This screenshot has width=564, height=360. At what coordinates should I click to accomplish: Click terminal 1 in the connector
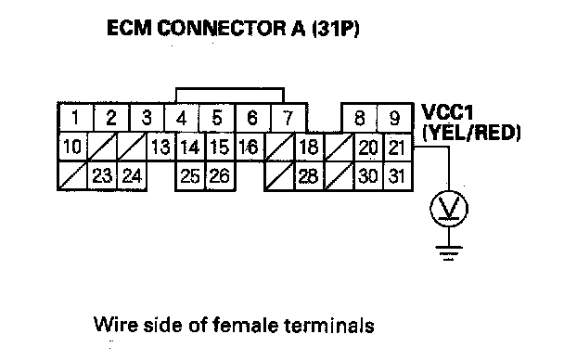[75, 117]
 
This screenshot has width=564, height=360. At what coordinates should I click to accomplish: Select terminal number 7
[288, 117]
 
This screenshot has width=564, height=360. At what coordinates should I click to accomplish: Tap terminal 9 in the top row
[394, 117]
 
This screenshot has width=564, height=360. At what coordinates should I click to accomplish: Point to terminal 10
[72, 147]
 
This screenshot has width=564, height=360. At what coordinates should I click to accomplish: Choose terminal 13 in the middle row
[160, 147]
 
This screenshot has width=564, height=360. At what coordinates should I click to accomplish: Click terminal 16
[249, 147]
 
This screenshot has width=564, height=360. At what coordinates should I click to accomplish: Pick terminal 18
[309, 147]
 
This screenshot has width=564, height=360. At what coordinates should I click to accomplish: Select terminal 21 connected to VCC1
[397, 147]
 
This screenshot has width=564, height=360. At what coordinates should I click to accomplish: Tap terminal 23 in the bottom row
[102, 176]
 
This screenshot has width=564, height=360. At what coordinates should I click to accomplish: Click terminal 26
[220, 176]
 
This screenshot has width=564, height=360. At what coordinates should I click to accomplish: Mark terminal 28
[309, 176]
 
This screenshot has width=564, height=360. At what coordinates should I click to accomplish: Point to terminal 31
[397, 176]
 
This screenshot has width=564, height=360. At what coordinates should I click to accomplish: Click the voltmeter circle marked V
[449, 209]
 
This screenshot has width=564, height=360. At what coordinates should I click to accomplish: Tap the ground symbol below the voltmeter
[449, 252]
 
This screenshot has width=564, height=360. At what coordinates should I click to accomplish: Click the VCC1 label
[447, 112]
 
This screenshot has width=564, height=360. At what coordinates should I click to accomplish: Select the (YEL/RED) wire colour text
[471, 133]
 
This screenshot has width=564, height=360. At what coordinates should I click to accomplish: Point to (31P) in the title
[336, 29]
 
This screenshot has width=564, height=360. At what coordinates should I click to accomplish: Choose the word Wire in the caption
[116, 325]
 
